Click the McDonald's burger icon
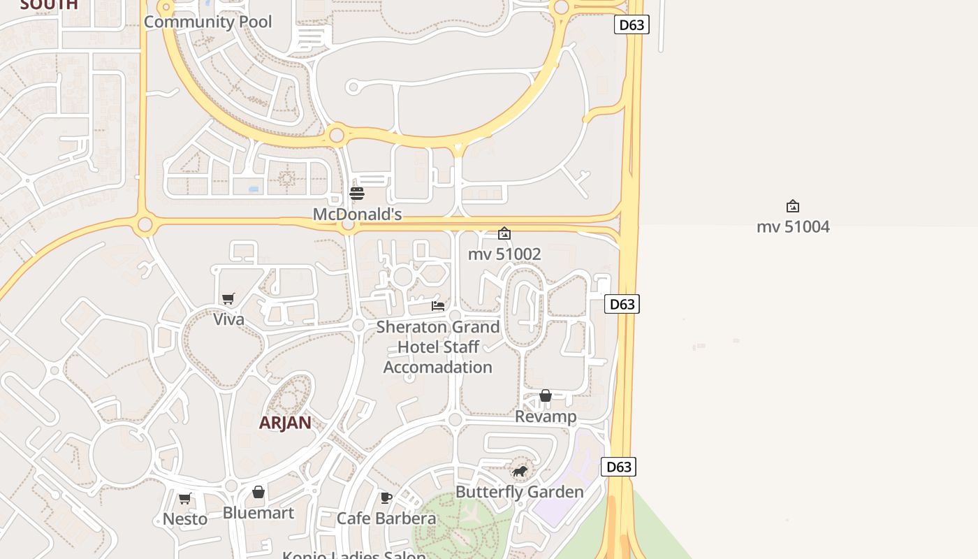[357, 193]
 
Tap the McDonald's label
[357, 214]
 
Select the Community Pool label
[207, 22]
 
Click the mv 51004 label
[793, 226]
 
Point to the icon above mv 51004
[793, 206]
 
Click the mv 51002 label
[504, 254]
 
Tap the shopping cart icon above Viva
[228, 299]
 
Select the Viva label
[228, 319]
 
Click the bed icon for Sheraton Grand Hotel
[438, 306]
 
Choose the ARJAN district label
[285, 423]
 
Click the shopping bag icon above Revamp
[546, 396]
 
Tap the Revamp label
[546, 416]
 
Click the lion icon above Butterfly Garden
[519, 472]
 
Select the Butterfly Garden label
[519, 492]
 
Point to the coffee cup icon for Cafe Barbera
[386, 498]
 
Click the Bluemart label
[258, 513]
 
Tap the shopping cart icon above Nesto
[185, 498]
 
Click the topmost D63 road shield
[632, 25]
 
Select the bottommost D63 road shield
[619, 467]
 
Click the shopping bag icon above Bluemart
[258, 493]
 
